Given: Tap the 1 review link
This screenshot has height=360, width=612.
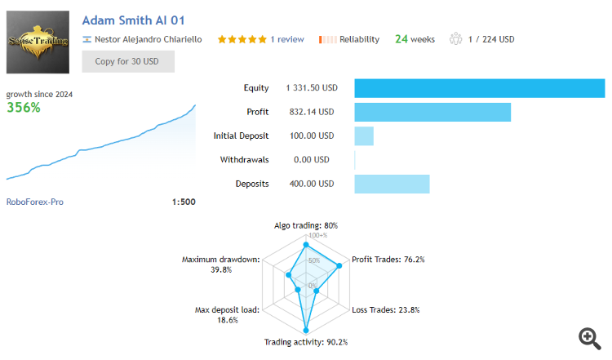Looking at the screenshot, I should pos(287,39).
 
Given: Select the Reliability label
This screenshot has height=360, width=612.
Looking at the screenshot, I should pos(359,39).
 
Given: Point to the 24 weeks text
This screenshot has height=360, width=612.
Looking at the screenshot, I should pos(415,39).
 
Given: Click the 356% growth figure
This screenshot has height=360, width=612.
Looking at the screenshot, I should pos(24,107).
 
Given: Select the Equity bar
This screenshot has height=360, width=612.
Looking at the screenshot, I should pos(479,88).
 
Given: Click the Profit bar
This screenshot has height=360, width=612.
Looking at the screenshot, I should pos(432,112).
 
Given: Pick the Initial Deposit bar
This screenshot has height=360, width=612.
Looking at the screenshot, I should pos(364,136).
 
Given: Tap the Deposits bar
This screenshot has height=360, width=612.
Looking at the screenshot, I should pos(392,184).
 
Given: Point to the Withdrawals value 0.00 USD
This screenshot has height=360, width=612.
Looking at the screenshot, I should pos(310,160).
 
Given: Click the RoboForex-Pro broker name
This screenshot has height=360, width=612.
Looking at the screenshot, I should pos(35,202).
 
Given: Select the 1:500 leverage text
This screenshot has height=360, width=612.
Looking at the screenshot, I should pos(184,202).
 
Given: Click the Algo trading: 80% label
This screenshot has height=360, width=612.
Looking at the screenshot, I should pos(306,225).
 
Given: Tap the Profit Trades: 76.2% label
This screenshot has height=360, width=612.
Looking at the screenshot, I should pos(388,260).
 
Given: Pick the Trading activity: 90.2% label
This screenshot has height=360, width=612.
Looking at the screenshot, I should pos(306,342).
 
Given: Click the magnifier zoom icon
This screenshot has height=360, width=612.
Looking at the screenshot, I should pos(589,338).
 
